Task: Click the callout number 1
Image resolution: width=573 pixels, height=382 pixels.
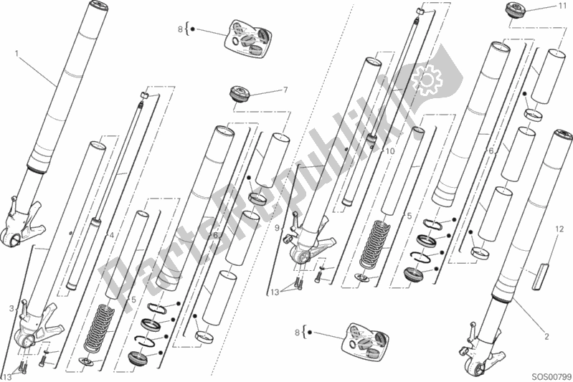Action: point(16,54)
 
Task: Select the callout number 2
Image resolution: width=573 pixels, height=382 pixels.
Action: point(546,336)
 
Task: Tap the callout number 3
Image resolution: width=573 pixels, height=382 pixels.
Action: point(11,309)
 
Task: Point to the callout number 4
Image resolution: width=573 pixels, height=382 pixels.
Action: point(111,236)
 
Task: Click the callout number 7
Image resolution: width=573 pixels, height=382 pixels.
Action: point(285,90)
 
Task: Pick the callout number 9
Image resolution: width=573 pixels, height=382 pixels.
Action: point(277,228)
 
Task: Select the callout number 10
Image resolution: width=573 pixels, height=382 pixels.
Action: point(390,151)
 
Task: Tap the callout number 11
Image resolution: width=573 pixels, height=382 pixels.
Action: point(562,6)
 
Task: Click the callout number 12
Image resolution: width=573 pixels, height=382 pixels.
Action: point(559,229)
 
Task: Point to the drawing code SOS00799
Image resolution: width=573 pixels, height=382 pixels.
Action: point(551,376)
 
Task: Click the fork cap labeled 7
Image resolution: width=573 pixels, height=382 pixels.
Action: point(240,93)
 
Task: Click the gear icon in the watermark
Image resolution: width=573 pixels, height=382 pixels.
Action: point(429,79)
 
